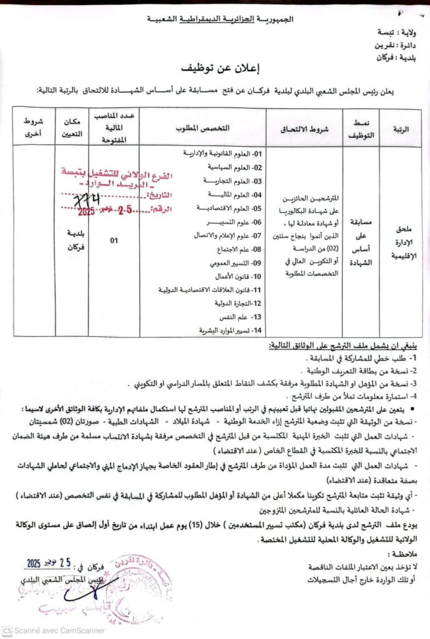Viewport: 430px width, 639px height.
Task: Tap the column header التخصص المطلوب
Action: [203, 127]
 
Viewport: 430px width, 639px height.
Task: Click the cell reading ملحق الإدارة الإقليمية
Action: [401, 239]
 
